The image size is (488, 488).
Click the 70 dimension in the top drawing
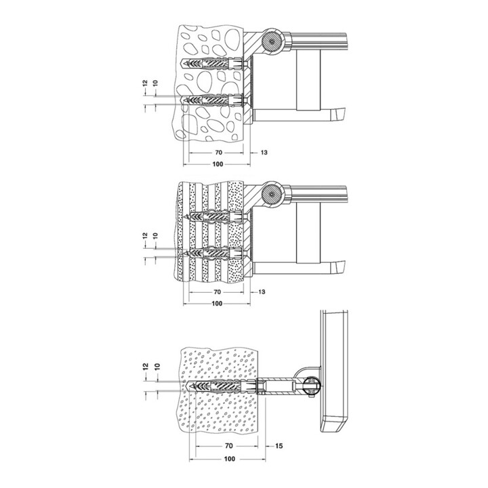tap(218, 152)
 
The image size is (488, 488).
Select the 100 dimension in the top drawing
tap(218, 164)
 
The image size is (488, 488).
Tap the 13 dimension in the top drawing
tap(264, 152)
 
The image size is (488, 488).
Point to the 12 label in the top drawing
tap(145, 83)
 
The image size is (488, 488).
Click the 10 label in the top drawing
tap(156, 83)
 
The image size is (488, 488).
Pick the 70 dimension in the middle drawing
tap(218, 292)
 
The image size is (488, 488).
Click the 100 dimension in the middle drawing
tap(217, 304)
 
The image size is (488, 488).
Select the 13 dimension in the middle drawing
tap(262, 292)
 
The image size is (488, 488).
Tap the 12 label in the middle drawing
tap(145, 236)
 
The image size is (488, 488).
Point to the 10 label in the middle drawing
tap(156, 236)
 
